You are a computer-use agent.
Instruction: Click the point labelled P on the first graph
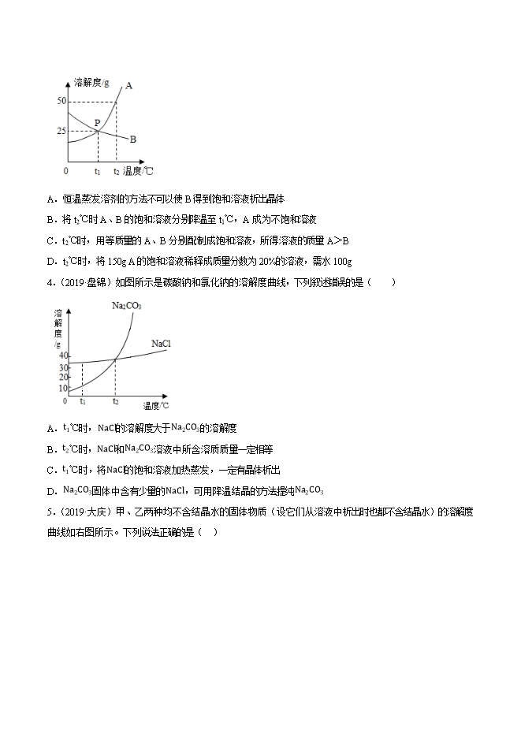click(97, 123)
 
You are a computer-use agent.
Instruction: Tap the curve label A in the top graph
click(128, 85)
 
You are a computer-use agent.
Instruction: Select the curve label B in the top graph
click(133, 139)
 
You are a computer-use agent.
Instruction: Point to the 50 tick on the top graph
click(61, 102)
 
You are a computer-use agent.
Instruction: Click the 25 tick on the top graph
click(61, 131)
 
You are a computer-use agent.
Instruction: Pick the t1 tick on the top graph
click(97, 170)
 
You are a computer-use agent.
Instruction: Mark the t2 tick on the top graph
click(117, 170)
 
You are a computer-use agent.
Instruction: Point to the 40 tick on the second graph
click(62, 356)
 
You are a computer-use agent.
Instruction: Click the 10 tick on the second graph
click(62, 388)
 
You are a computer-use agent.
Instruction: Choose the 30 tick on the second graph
click(62, 367)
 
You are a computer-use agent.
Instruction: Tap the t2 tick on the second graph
click(115, 402)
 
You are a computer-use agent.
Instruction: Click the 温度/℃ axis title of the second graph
click(156, 406)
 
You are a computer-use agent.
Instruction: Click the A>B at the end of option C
click(337, 240)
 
